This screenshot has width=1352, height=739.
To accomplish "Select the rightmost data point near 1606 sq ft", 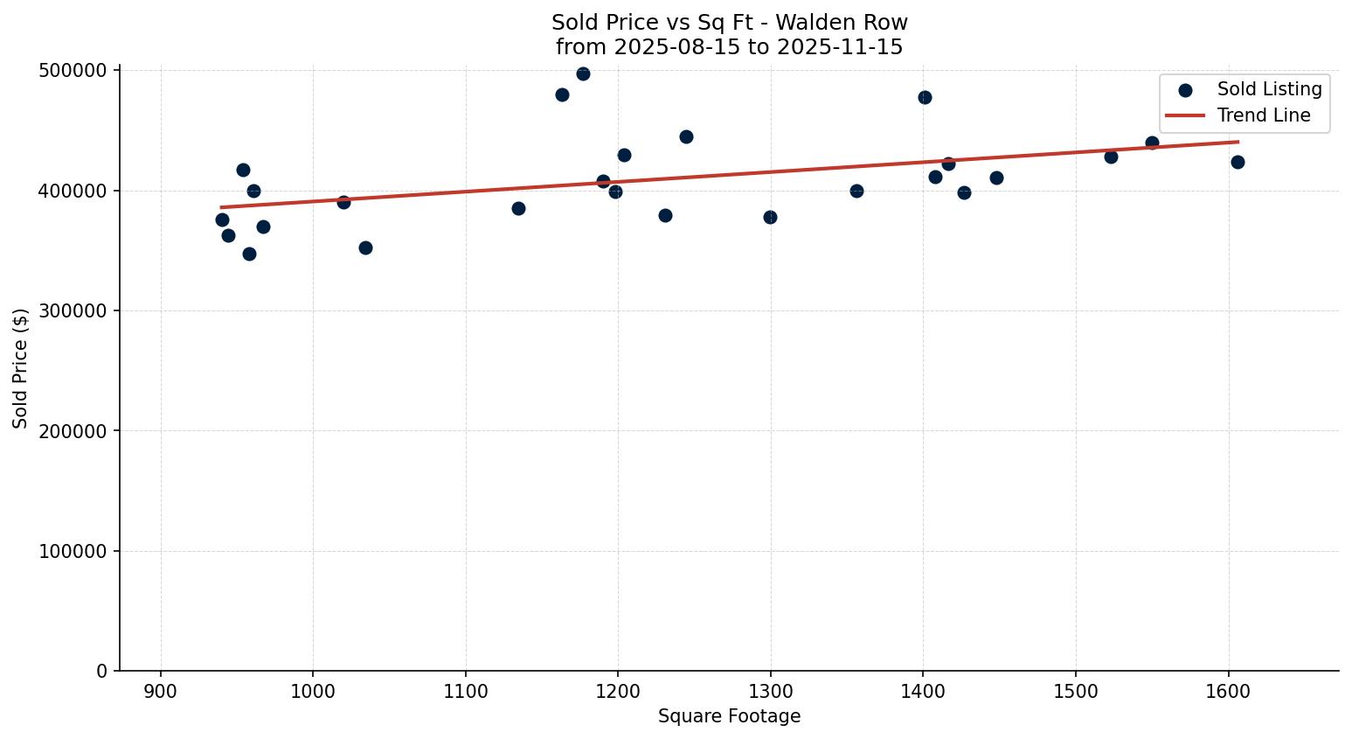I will click(1238, 162).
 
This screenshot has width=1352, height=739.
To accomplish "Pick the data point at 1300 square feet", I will click(770, 217).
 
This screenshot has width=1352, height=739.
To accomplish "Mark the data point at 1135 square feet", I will click(518, 208).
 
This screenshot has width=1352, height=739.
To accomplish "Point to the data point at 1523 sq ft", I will click(1111, 157).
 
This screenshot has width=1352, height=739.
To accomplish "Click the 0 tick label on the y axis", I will click(102, 672).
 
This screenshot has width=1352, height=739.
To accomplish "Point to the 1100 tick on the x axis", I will click(466, 692).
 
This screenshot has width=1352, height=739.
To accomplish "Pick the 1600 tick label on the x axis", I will click(1228, 692).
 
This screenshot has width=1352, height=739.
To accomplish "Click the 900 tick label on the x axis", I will click(161, 692).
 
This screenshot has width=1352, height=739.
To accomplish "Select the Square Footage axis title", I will click(729, 717).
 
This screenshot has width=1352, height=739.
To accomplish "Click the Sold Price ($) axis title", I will click(21, 368).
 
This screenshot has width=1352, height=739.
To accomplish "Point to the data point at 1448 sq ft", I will click(996, 178).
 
